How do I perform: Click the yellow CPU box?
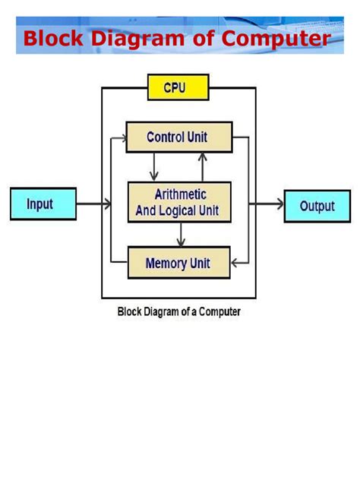click(177, 88)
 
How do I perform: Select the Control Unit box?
click(177, 137)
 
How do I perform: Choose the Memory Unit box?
click(177, 264)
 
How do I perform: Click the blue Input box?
click(43, 204)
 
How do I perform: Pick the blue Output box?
click(317, 205)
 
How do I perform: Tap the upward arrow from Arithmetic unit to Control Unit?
click(202, 166)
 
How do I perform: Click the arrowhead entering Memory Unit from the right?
click(235, 264)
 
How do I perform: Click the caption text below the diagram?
click(178, 311)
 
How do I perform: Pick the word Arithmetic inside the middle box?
click(180, 194)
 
